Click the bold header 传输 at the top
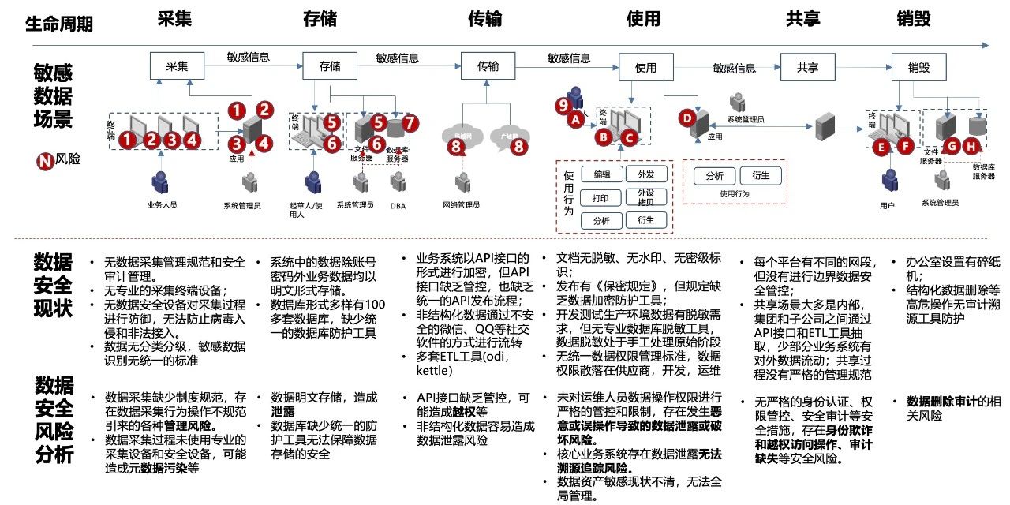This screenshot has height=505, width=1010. [x=484, y=19]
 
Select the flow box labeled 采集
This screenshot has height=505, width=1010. [x=176, y=66]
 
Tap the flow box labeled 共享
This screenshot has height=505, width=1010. [x=807, y=66]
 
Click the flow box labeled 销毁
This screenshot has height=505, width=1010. [x=918, y=66]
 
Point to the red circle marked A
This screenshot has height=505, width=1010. [x=575, y=119]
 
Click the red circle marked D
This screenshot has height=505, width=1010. [x=687, y=118]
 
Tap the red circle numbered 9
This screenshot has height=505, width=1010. [x=563, y=104]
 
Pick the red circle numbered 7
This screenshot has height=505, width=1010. [x=410, y=122]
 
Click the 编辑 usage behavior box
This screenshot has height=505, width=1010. [x=601, y=174]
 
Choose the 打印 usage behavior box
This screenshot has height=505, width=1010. [x=601, y=197]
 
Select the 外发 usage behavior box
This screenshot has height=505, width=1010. [x=646, y=174]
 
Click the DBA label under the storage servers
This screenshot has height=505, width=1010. [x=398, y=205]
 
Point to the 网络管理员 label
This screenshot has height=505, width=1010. [x=461, y=205]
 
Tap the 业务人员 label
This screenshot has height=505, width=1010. [x=162, y=204]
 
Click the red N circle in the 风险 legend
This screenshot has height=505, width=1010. [x=45, y=161]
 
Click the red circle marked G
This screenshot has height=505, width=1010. [x=952, y=145]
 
